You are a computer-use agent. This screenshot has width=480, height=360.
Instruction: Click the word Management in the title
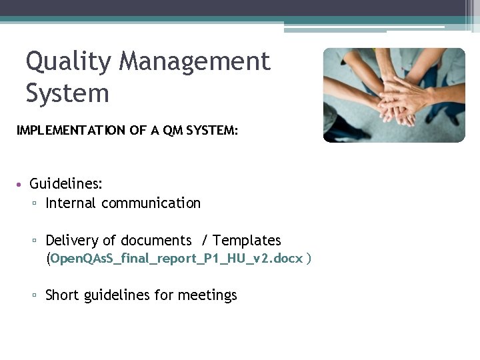point(195,62)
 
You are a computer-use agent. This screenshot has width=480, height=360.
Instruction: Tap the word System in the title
point(67,93)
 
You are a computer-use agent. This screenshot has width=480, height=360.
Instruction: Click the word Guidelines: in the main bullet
point(66,183)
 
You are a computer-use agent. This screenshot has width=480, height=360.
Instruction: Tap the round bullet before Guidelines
point(21,184)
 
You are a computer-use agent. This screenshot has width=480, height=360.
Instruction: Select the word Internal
point(71,203)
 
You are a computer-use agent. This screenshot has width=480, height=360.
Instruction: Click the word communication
point(151,203)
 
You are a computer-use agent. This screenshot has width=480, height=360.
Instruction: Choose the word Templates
point(247,241)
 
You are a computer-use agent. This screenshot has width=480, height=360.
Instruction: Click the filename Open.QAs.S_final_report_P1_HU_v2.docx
point(177,258)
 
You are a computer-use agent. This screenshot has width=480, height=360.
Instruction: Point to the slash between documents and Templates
point(203,241)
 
